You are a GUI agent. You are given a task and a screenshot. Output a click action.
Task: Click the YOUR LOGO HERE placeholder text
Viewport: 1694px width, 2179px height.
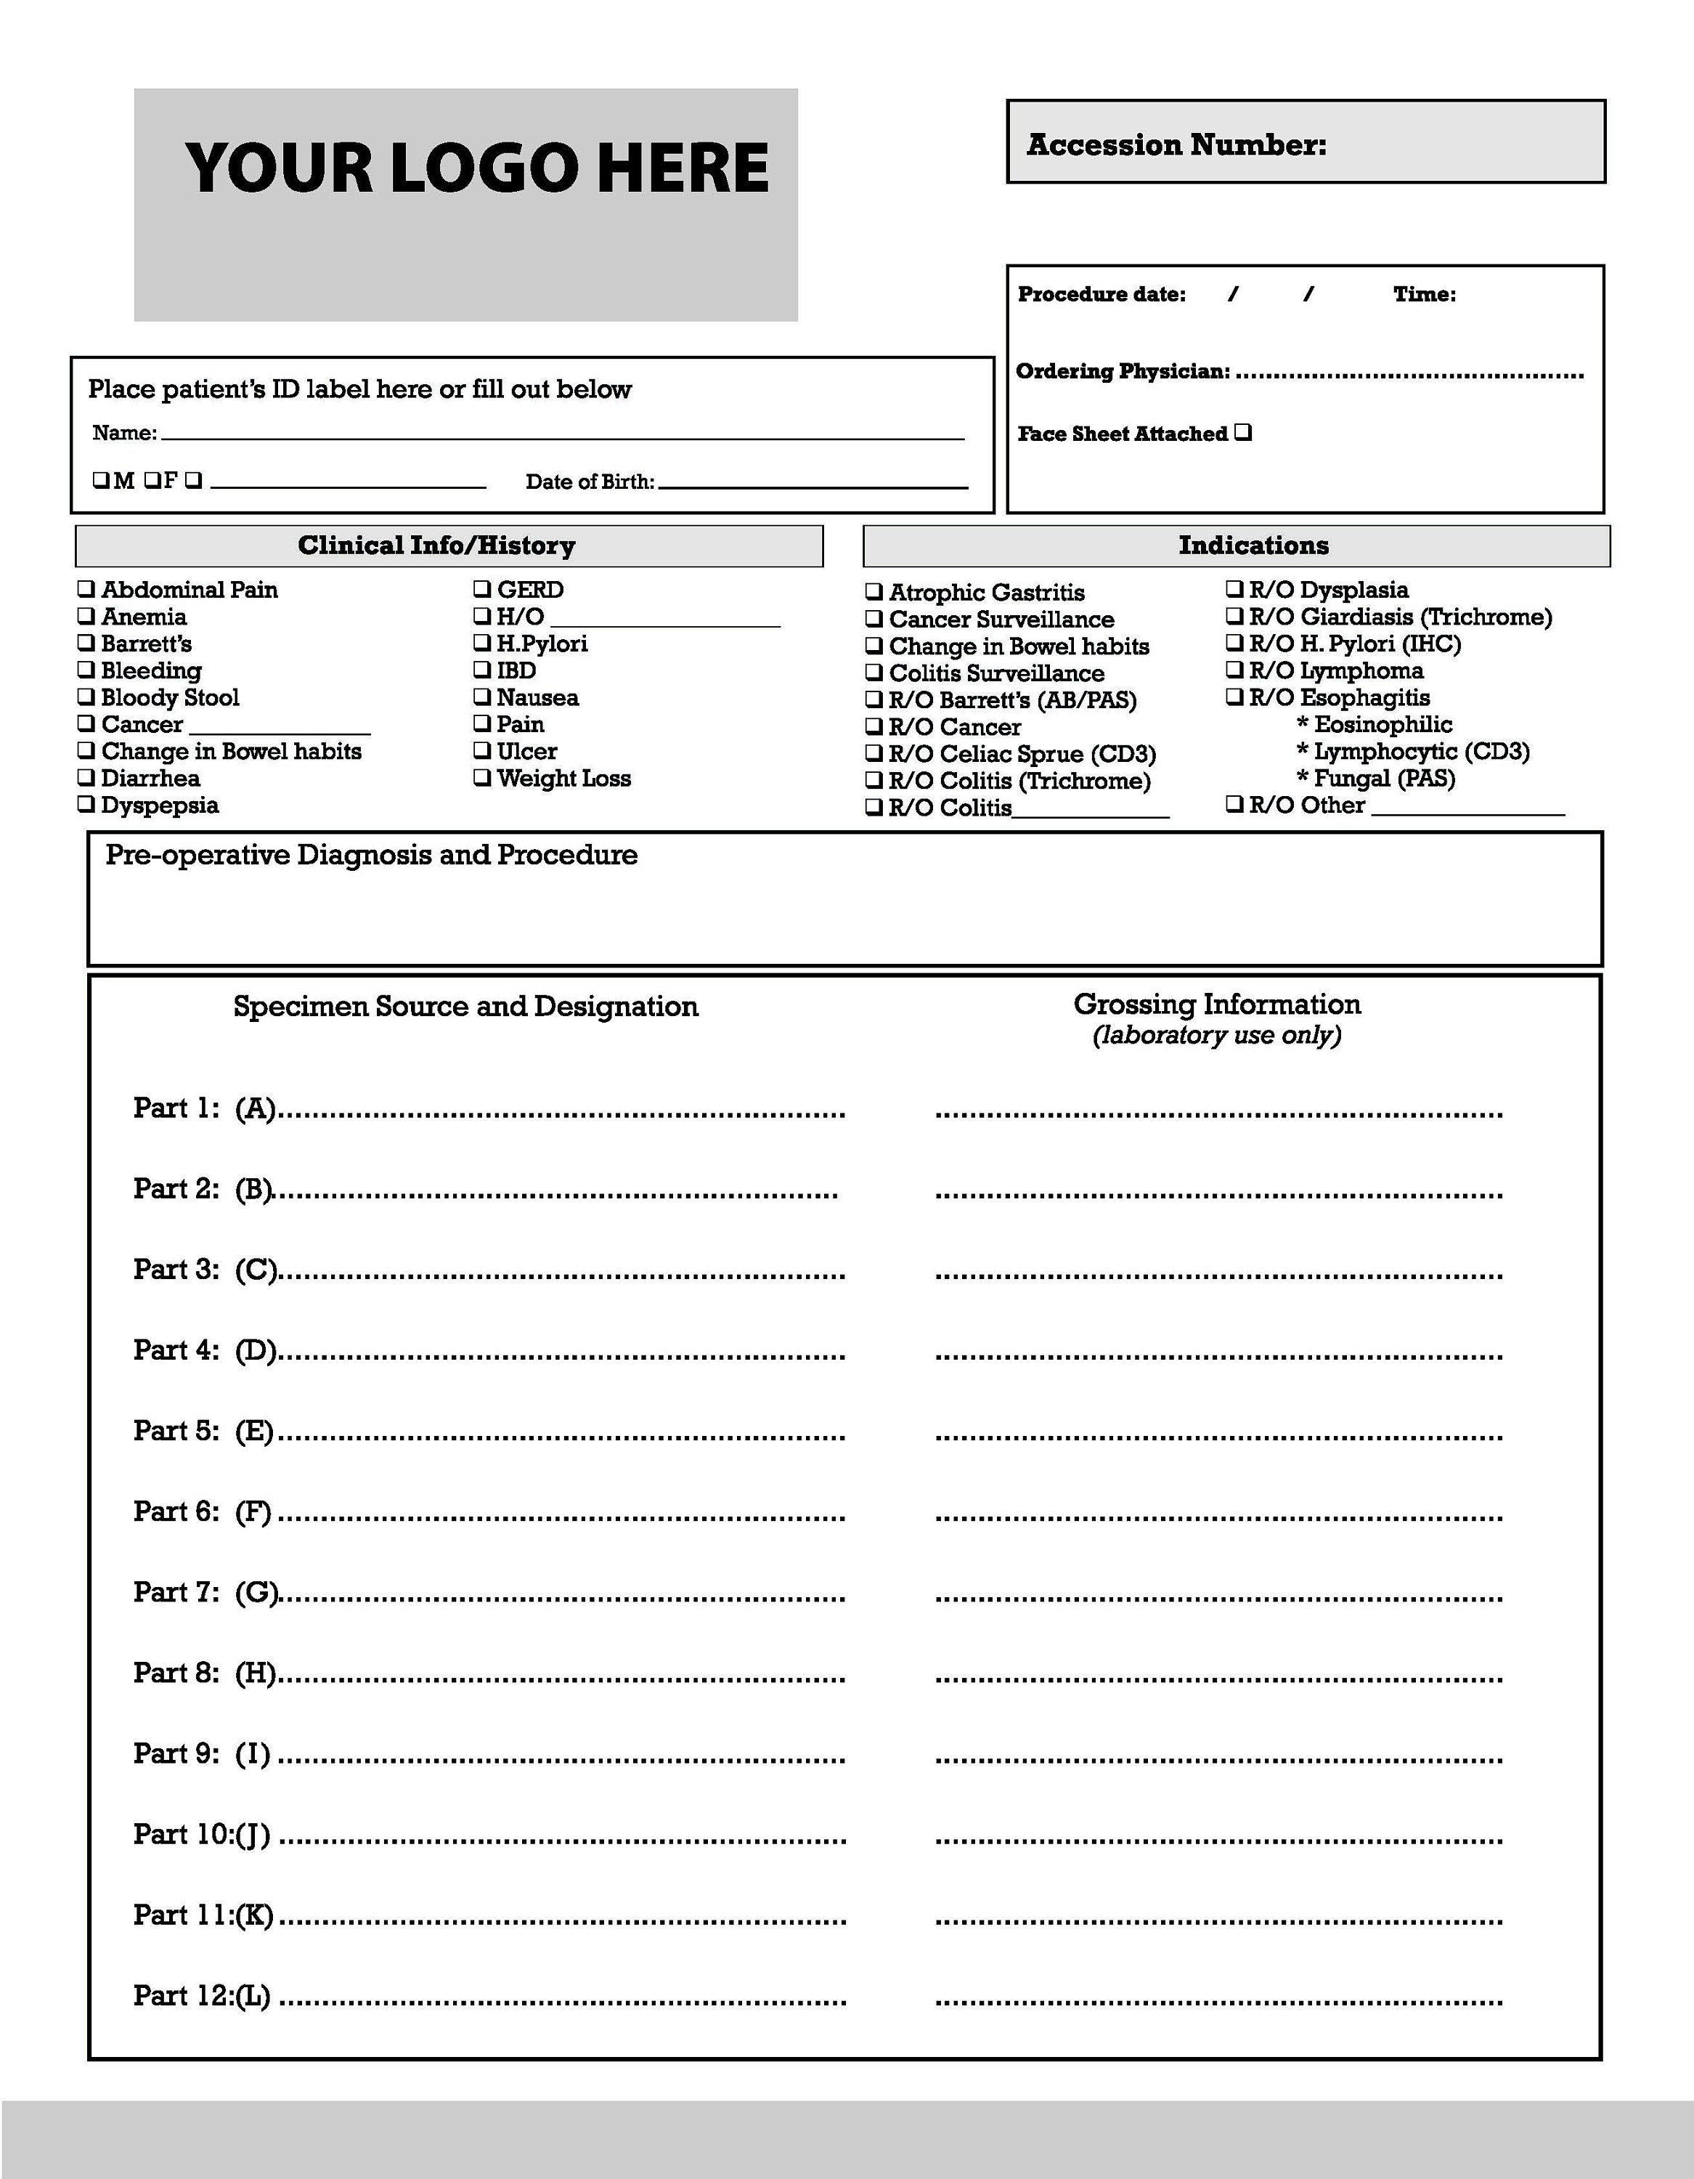477,168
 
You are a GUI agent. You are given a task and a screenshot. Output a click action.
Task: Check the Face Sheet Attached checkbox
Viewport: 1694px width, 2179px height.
1242,432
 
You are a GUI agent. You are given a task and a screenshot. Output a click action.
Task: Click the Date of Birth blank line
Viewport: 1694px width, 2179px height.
813,484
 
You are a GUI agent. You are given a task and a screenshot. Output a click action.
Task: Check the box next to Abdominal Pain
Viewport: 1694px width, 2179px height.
87,588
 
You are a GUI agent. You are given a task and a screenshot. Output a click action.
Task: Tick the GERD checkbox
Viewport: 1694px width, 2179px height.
482,588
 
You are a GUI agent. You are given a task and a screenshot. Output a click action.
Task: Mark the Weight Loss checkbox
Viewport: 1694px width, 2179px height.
482,777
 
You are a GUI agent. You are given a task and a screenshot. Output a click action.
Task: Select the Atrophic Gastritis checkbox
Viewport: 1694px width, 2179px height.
874,592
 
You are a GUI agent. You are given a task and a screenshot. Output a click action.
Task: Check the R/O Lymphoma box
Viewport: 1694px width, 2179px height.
1234,670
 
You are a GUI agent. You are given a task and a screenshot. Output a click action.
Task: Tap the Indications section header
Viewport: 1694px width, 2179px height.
1253,545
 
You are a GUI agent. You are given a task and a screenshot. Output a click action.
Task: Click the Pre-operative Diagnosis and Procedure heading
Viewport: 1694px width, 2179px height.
371,855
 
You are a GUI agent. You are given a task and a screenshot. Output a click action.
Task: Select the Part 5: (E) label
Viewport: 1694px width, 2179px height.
203,1431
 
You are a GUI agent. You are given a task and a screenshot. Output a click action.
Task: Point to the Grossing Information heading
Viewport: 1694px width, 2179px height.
1216,1005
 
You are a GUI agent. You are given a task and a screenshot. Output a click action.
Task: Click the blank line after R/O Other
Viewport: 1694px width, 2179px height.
1467,812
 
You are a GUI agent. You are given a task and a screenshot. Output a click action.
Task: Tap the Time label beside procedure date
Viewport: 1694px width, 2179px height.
1424,294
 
